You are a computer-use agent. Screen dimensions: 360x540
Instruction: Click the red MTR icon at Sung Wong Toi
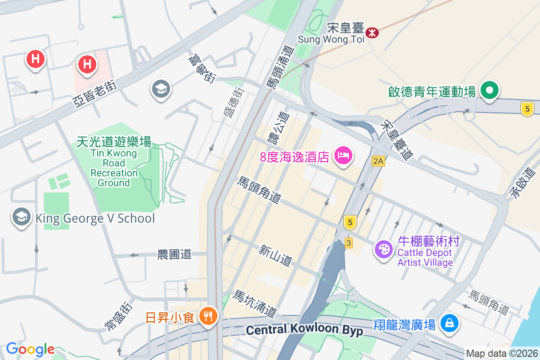(372, 32)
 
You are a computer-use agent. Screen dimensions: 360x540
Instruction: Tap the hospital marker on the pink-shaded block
(87, 64)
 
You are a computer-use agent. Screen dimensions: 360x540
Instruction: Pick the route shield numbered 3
(349, 243)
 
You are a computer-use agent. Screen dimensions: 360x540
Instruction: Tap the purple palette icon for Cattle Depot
(384, 250)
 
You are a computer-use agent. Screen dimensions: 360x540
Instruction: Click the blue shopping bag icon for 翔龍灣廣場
(449, 323)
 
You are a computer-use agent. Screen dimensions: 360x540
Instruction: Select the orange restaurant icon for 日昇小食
(207, 316)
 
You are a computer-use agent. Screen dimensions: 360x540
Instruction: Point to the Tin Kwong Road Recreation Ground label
(114, 162)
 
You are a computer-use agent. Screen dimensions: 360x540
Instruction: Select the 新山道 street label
(275, 255)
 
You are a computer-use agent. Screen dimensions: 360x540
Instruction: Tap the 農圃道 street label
(174, 254)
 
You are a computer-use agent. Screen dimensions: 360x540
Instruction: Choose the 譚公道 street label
(278, 128)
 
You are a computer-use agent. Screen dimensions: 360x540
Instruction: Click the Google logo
(30, 349)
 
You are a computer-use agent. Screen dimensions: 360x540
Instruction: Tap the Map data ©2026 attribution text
(502, 353)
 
